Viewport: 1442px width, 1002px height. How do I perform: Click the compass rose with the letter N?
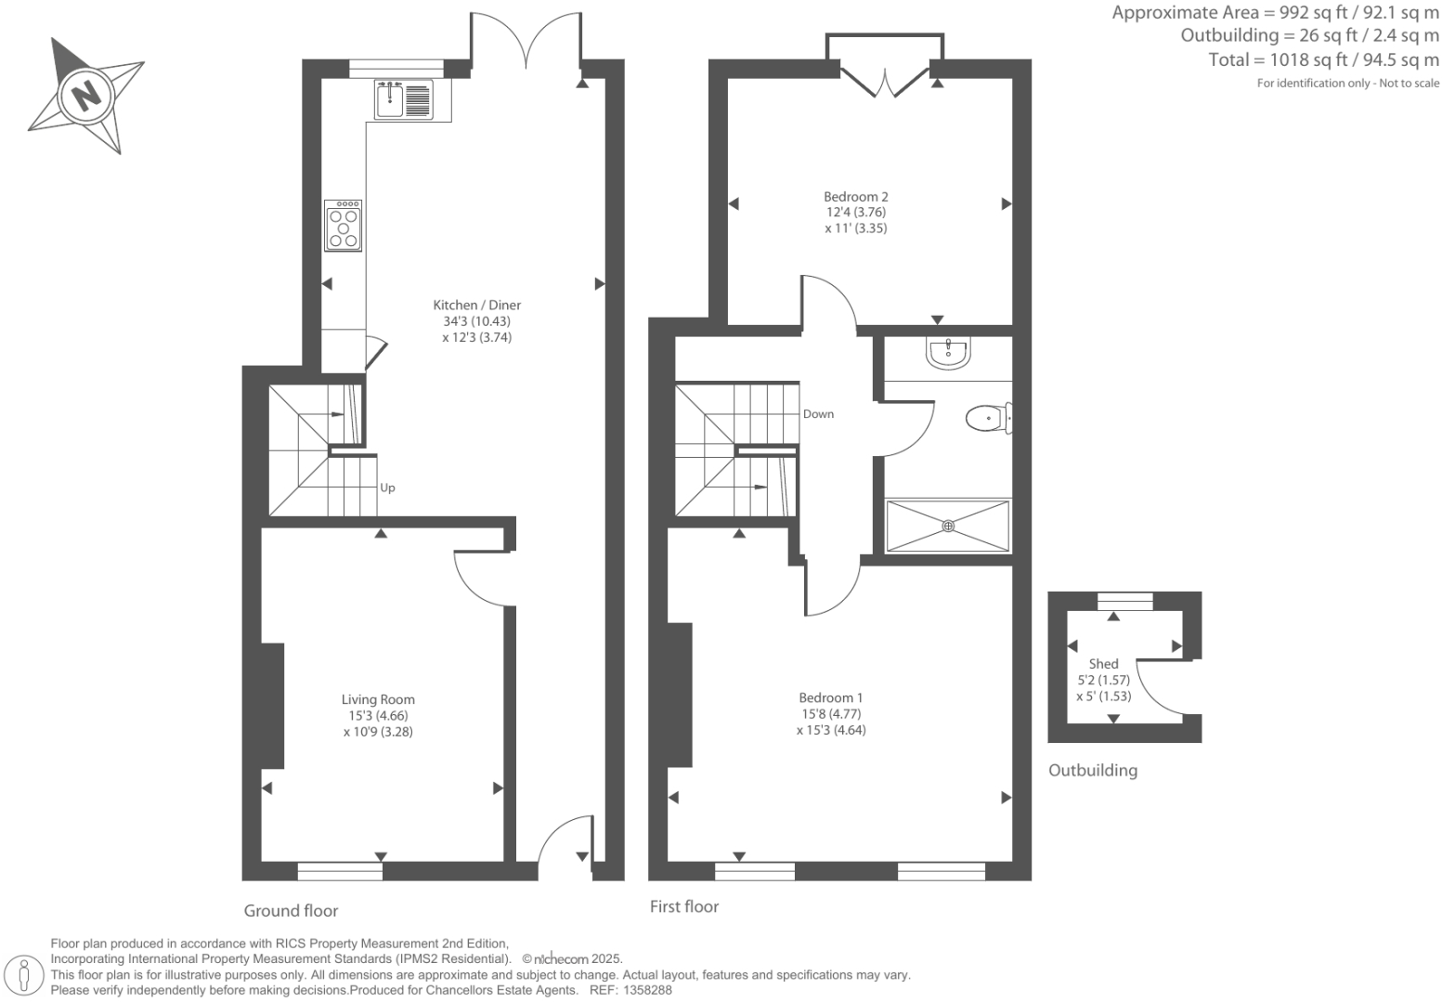(85, 95)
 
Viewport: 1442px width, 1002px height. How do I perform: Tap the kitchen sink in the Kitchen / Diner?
(404, 99)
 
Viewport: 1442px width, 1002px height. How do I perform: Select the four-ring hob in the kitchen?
(344, 226)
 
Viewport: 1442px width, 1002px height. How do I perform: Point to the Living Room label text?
(378, 700)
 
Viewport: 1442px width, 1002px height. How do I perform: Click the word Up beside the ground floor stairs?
(387, 488)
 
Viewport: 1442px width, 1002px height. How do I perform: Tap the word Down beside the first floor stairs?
(818, 414)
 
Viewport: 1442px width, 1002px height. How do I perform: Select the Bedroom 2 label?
(855, 197)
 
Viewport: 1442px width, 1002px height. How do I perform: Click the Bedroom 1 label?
(830, 698)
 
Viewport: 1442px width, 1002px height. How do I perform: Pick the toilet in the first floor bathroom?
(987, 419)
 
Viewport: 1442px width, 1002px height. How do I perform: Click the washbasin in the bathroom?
(948, 353)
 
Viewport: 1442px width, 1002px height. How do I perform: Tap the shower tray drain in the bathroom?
(948, 527)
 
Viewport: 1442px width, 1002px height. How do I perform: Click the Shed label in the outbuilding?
(1103, 664)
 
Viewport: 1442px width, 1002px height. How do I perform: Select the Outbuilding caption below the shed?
(1092, 771)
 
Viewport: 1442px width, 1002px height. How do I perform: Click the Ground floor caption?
(291, 911)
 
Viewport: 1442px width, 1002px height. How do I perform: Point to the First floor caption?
(683, 907)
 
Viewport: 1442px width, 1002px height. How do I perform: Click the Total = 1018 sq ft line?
(1323, 60)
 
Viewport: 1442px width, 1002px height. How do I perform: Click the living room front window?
(340, 871)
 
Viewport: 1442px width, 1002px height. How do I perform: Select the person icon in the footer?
(25, 975)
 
